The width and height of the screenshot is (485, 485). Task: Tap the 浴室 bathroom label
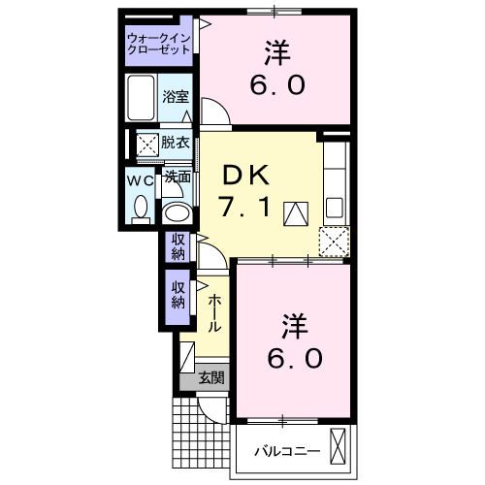coord(175,97)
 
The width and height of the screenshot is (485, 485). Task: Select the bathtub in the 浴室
coord(142,97)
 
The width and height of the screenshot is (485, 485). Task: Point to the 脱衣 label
coord(176,143)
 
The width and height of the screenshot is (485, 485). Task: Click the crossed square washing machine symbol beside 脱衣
coord(146,145)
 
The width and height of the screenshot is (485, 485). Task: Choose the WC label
coord(140,180)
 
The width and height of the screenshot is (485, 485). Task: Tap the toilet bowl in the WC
coord(141,206)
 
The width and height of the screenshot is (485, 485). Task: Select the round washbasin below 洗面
coord(177,212)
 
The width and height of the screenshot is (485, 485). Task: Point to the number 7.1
coord(249,209)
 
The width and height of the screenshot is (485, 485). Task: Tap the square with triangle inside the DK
coord(295,213)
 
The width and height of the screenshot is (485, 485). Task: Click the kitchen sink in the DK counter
coord(334,206)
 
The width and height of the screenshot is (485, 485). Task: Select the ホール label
coord(214,313)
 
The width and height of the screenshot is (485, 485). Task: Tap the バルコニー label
coord(280,450)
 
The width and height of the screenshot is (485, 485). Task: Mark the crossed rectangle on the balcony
coord(338,447)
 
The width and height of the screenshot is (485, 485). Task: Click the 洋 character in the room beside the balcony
coord(295,321)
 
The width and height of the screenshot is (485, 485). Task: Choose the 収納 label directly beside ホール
coord(178,294)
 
